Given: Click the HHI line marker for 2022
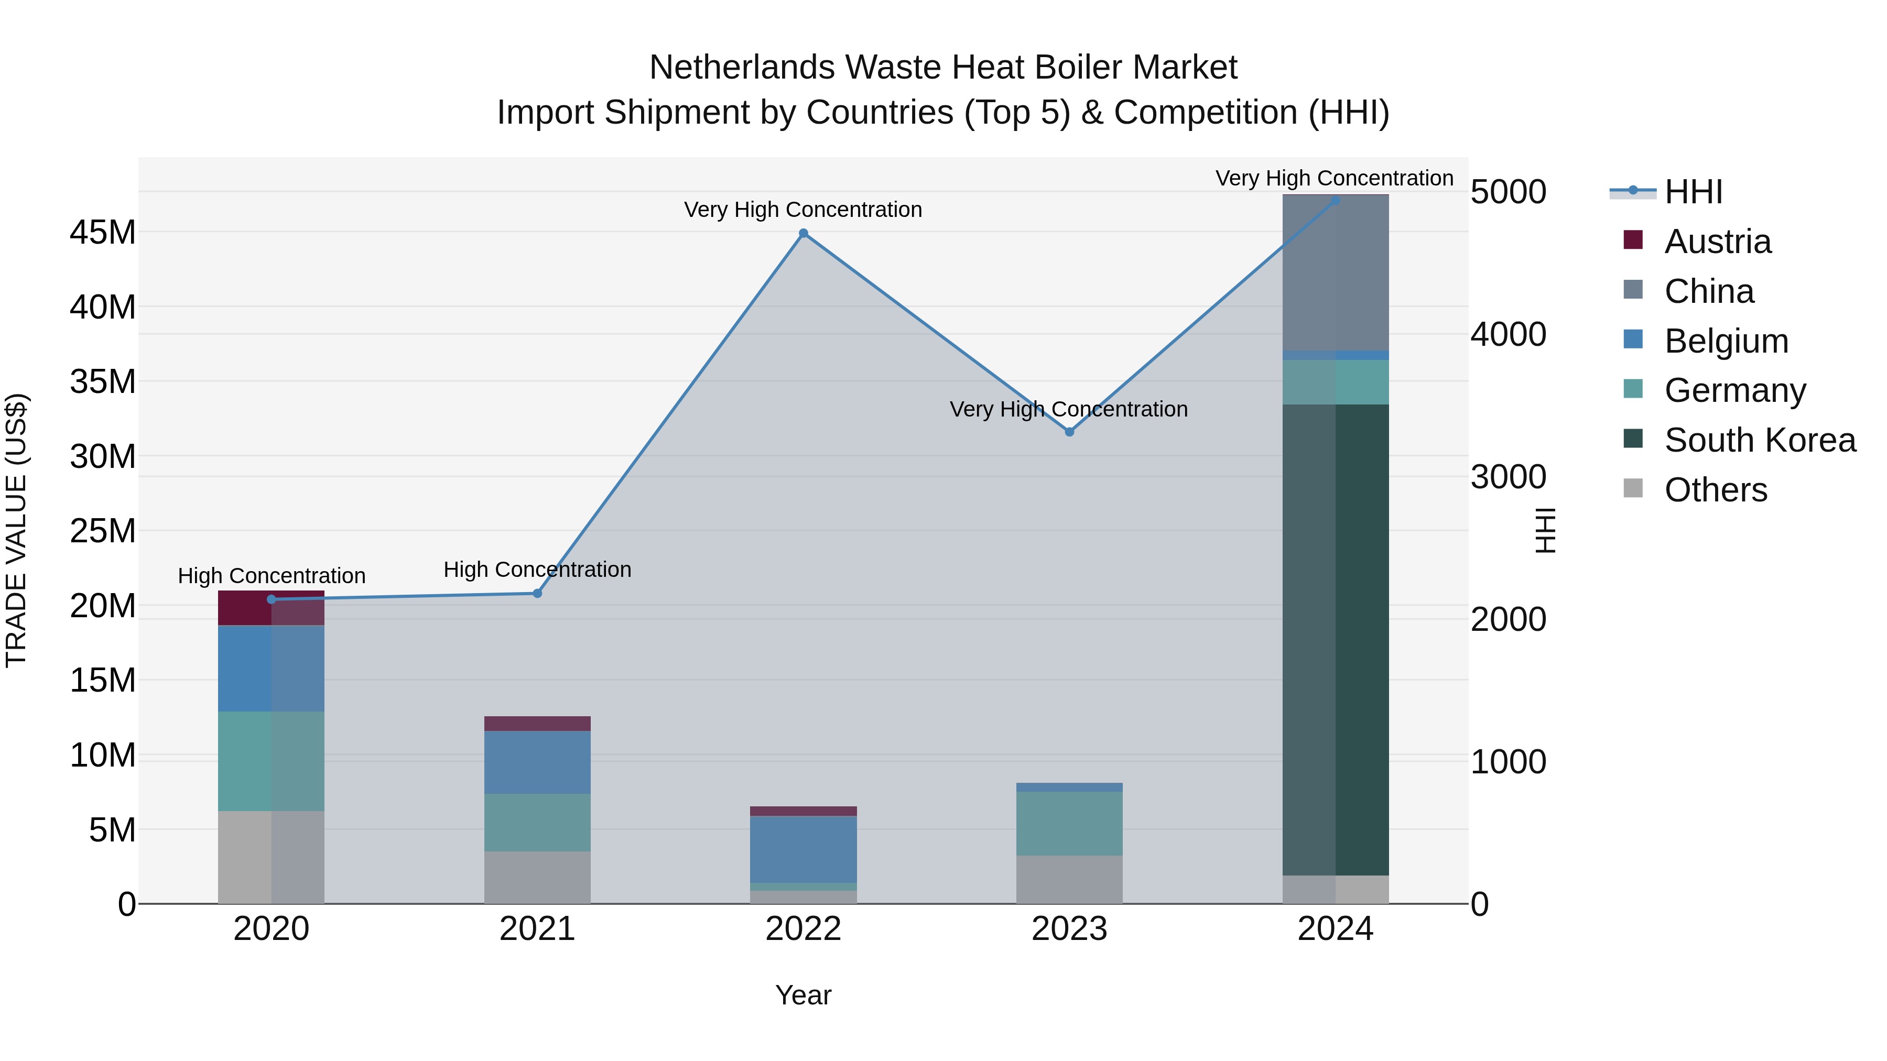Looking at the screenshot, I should click(x=803, y=234).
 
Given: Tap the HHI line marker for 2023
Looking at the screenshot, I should click(x=1069, y=432).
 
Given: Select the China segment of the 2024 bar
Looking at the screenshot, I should click(x=1336, y=272).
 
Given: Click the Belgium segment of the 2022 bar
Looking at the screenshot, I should click(x=803, y=849).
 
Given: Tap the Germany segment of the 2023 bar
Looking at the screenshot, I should click(x=1069, y=823).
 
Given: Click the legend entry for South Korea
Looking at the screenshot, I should click(x=1760, y=440).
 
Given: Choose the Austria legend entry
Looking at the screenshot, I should click(x=1717, y=242).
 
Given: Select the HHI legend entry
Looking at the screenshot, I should click(x=1693, y=192).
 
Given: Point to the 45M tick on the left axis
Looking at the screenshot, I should click(x=103, y=232).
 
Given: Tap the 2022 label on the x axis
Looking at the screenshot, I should click(x=803, y=929).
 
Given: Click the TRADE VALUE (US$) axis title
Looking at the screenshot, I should click(x=16, y=530).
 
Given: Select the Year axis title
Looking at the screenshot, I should click(x=803, y=995).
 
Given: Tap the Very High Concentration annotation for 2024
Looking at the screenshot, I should click(x=1334, y=178).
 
